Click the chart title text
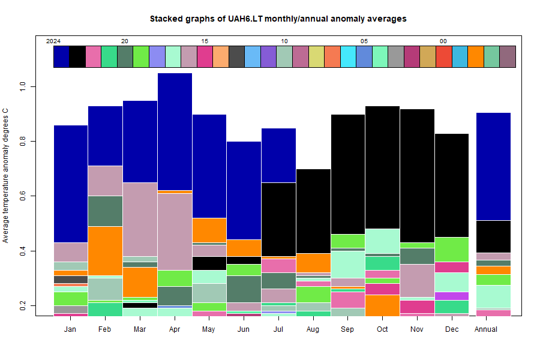278,19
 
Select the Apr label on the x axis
175,329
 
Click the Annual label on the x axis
486,329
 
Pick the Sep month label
348,329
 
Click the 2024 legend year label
53,41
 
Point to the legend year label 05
364,41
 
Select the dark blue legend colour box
61,56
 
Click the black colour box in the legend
77,56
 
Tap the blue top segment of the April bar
175,131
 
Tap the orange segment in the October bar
383,305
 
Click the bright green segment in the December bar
452,249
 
